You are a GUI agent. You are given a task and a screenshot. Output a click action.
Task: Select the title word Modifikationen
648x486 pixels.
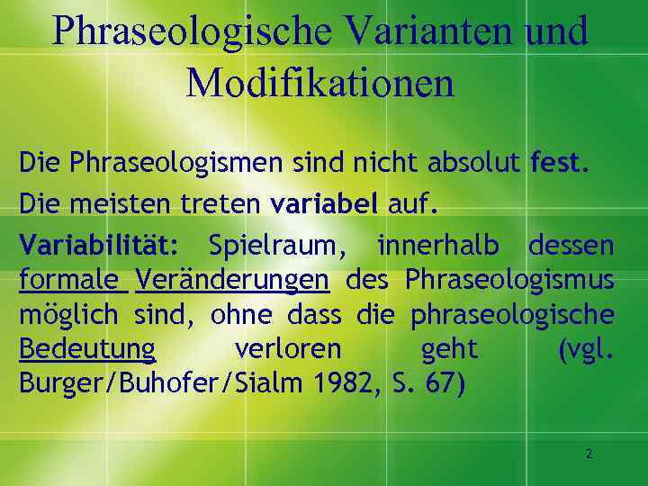pos(320,83)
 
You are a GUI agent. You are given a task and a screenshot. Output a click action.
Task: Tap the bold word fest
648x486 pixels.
pos(560,164)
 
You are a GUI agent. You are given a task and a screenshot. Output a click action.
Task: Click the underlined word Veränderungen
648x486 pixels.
pos(232,279)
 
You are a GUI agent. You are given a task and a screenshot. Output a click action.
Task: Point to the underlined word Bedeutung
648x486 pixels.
pos(87,348)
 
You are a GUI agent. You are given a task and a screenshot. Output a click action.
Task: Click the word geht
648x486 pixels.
pos(449,348)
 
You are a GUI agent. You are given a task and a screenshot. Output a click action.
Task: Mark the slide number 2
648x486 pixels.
pos(589,454)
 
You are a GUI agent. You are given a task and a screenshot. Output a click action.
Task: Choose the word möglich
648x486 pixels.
pos(67,314)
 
